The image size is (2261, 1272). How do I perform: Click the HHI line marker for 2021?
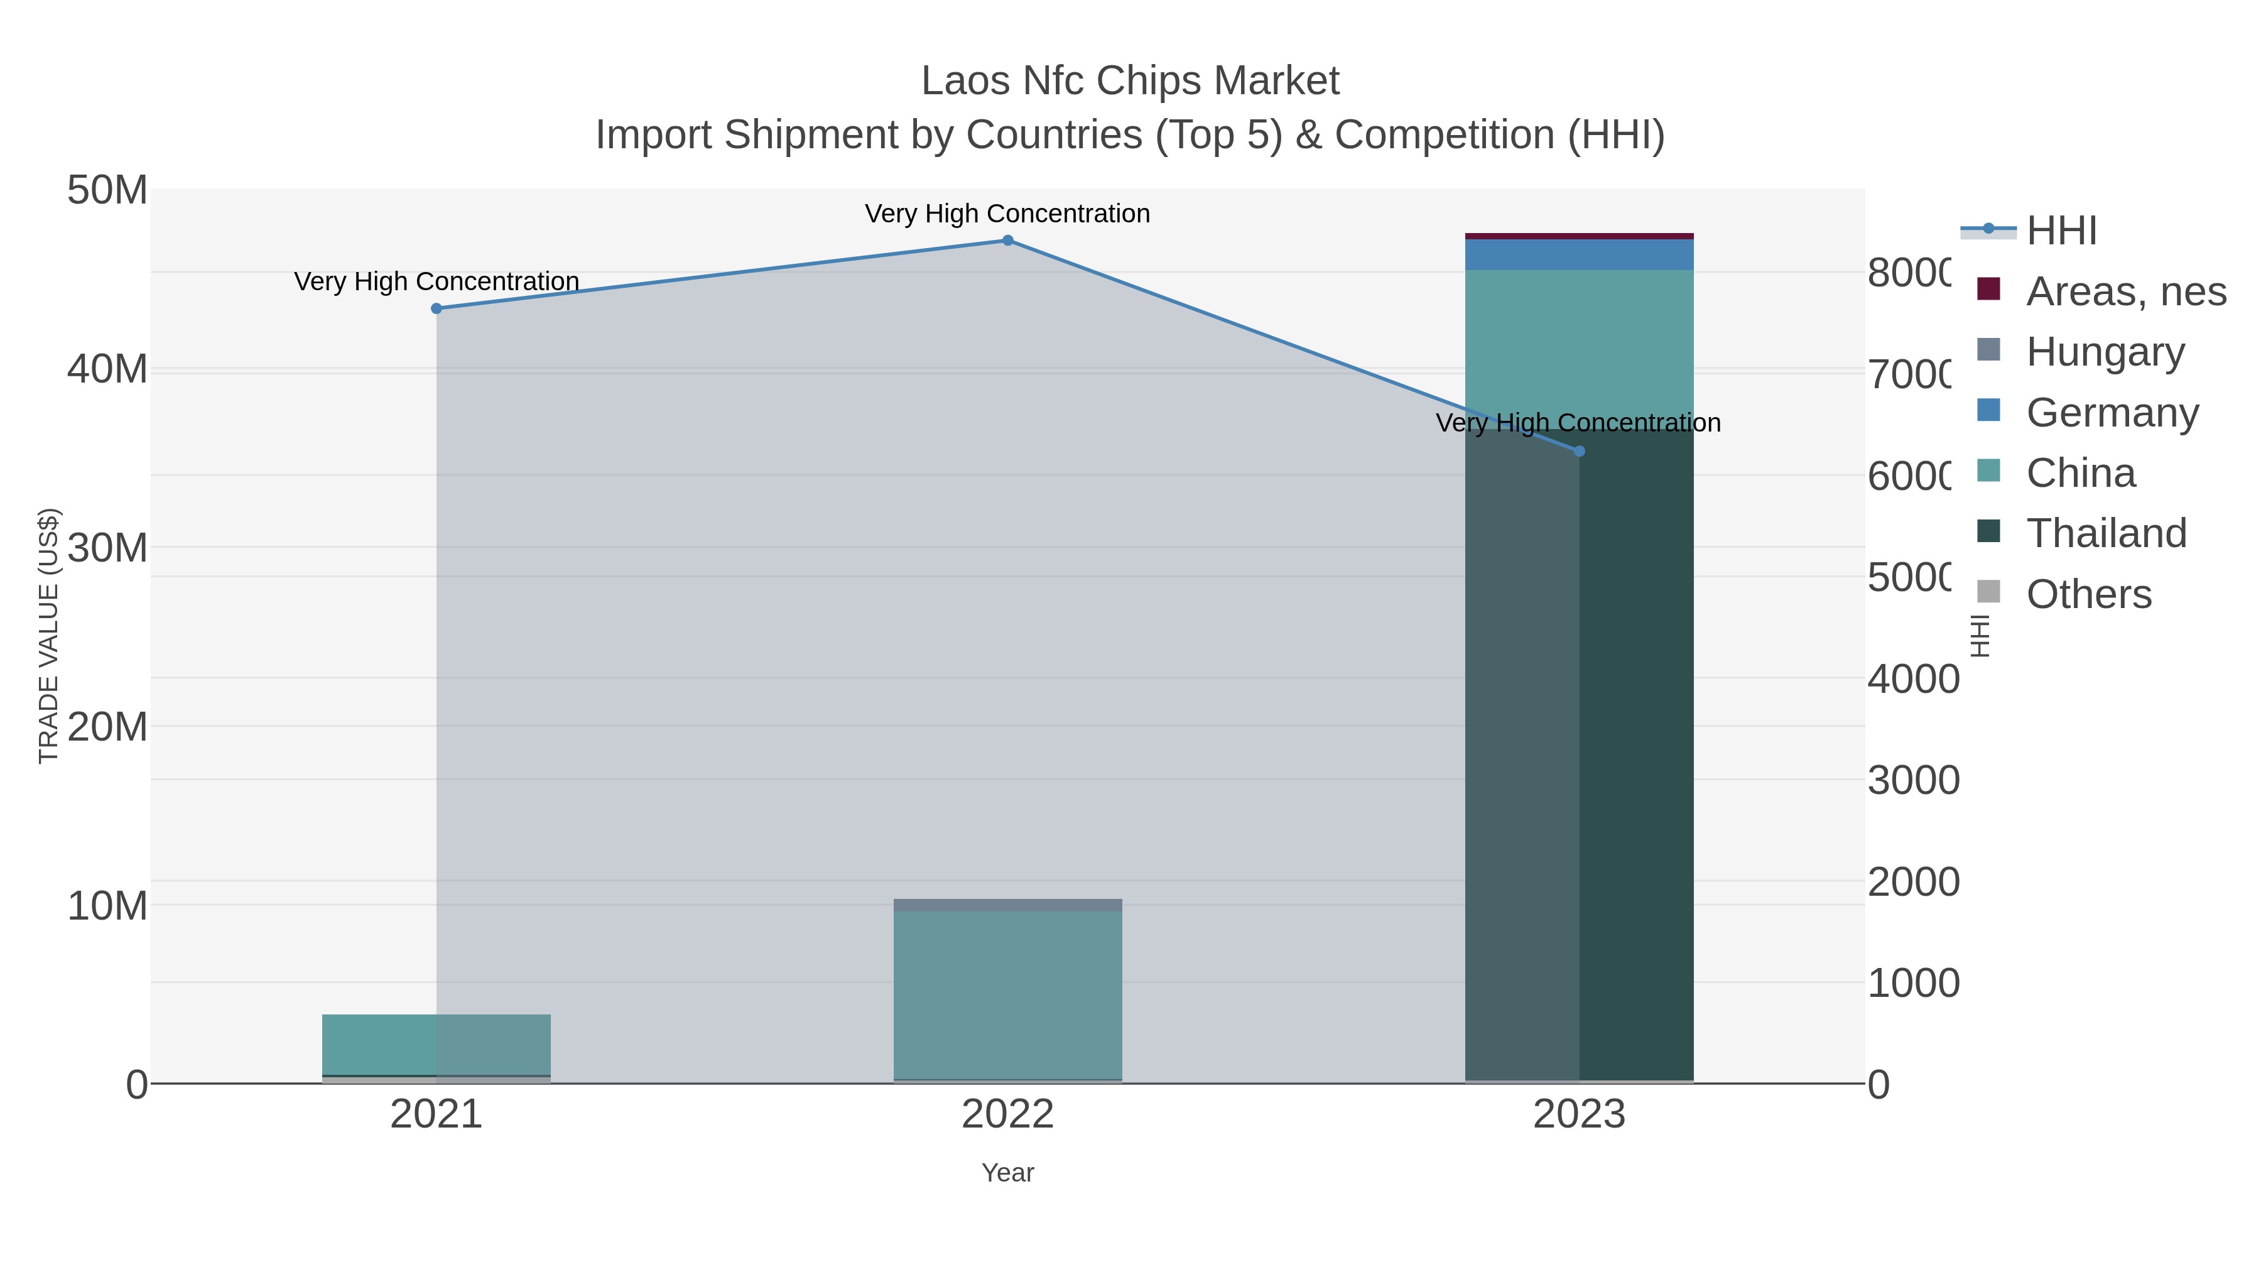[x=436, y=308]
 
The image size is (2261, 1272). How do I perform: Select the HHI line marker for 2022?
[x=1007, y=241]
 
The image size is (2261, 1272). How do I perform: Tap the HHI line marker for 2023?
[x=1579, y=451]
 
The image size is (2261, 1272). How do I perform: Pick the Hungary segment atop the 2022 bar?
[x=1007, y=905]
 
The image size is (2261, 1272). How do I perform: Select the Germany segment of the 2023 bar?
[x=1579, y=254]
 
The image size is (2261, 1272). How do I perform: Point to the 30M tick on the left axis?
[x=107, y=548]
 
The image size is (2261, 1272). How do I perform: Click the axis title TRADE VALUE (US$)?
[x=48, y=636]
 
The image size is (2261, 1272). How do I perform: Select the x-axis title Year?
[x=1007, y=1173]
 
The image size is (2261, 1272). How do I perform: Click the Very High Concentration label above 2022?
[x=1007, y=214]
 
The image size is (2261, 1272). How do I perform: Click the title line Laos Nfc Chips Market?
[x=1130, y=81]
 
